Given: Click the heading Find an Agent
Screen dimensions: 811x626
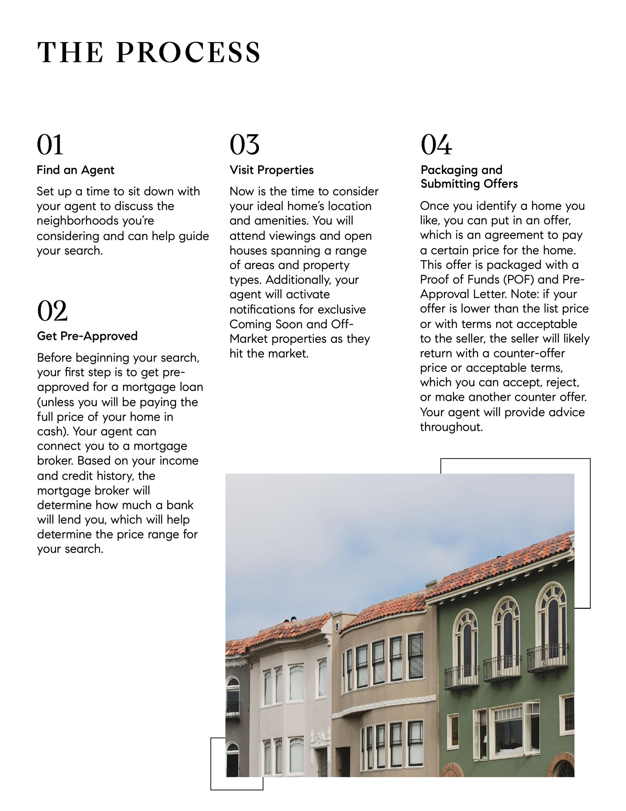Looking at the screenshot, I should click(75, 170).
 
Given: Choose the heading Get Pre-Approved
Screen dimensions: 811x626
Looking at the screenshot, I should click(87, 336).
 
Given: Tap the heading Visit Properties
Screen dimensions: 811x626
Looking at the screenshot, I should click(271, 170).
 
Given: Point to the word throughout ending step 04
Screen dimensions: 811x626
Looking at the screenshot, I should click(451, 427).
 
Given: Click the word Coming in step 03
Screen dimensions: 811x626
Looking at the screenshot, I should click(251, 324).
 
